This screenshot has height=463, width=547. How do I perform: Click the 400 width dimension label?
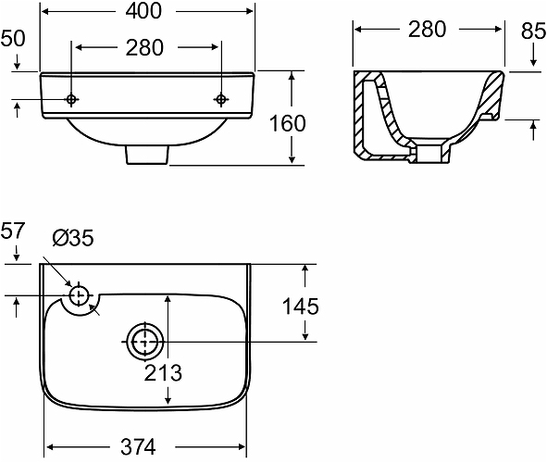pos(143,11)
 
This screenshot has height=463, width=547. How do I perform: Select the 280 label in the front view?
pos(144,48)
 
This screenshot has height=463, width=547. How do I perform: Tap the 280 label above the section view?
pos(427,30)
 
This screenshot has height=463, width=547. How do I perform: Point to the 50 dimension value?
pos(13,38)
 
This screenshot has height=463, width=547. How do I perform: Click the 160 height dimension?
pos(288,123)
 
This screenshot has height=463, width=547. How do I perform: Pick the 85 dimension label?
pos(533,31)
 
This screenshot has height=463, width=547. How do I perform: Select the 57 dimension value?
pos(13,231)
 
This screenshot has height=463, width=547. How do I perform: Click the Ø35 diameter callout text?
pos(73,238)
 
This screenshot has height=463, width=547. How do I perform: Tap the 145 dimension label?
pos(301,307)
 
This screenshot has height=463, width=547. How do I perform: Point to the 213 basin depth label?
pos(163,373)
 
